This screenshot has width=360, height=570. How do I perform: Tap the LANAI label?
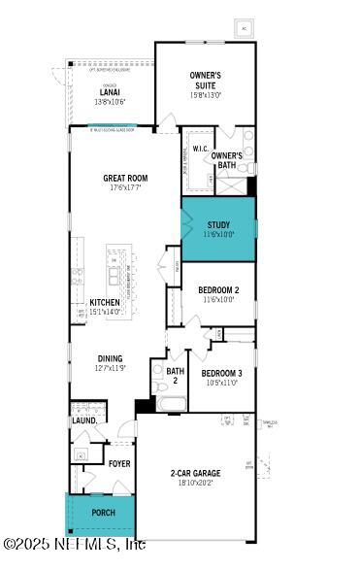(x=110, y=92)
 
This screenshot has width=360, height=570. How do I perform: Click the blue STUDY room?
(x=218, y=229)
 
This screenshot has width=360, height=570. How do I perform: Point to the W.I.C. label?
(x=201, y=149)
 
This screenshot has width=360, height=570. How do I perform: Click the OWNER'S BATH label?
(x=226, y=160)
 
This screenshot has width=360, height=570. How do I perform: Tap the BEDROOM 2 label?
(x=218, y=289)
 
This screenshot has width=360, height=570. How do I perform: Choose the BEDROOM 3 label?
(x=221, y=373)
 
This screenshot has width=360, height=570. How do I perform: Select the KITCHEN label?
(x=105, y=302)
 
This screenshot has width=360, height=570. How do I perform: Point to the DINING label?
(x=110, y=358)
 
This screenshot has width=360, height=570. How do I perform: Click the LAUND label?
(x=83, y=420)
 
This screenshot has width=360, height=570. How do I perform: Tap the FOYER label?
(x=119, y=463)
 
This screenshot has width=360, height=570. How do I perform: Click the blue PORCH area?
(x=101, y=514)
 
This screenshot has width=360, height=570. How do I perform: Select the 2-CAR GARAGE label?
(x=195, y=473)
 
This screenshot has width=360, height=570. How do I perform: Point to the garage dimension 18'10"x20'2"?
(x=195, y=484)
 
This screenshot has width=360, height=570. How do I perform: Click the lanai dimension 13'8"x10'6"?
(x=110, y=102)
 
